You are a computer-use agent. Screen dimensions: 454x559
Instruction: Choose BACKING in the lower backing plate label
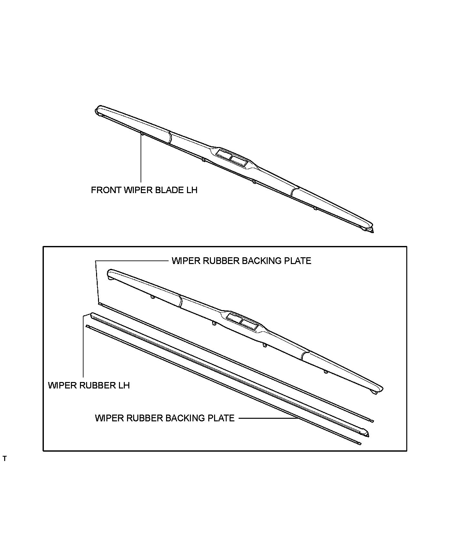coord(186,418)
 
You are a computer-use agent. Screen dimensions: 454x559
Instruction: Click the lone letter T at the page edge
coord(4,459)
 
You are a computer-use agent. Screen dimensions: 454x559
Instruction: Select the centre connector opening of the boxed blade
coord(242,321)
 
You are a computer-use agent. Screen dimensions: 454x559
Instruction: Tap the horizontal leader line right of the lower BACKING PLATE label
coord(268,418)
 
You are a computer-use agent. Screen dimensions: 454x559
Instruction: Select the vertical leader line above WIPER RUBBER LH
coord(83,348)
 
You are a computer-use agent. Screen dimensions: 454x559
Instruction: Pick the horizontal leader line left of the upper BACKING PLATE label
coord(132,260)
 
